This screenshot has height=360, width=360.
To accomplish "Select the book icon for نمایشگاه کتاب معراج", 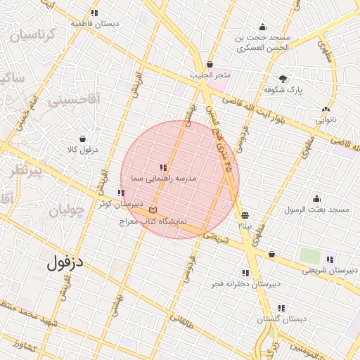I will click(x=153, y=210).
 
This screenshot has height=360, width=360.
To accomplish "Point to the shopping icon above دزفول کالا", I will click(x=83, y=139).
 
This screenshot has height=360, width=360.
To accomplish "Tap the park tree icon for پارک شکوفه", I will click(x=283, y=79).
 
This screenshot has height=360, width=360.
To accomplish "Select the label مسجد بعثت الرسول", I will click(x=316, y=210).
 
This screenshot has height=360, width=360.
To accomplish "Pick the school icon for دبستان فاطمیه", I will click(x=95, y=13).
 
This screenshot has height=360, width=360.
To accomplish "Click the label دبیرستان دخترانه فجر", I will click(x=245, y=284).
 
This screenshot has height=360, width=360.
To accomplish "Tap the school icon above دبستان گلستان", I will click(x=282, y=308).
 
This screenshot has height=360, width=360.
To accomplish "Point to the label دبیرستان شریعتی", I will click(x=328, y=271).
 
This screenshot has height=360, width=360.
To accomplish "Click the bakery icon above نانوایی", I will click(x=326, y=109).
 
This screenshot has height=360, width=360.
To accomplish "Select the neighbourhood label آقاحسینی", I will click(x=75, y=101).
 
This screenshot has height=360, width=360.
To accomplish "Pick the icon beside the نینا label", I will click(x=245, y=216).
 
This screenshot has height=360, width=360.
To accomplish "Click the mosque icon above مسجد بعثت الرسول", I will click(x=317, y=198).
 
